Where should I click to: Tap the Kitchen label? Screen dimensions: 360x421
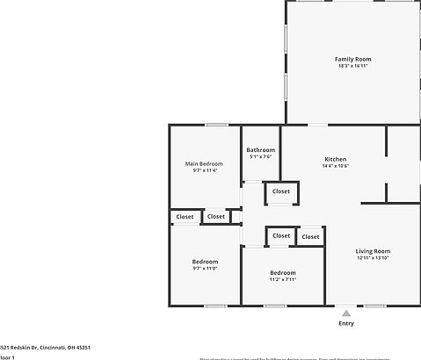tap(336, 159)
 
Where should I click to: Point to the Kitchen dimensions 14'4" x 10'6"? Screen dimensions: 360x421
tap(336, 166)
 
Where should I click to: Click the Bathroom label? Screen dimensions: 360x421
tap(260, 150)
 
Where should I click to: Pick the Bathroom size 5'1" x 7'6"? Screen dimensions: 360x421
tap(260, 157)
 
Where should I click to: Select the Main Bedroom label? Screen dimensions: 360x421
tap(204, 163)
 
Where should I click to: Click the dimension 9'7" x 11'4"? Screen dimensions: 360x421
tap(204, 170)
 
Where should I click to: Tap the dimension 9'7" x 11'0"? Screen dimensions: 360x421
tap(205, 269)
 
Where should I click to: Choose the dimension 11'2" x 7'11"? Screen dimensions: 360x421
tap(283, 279)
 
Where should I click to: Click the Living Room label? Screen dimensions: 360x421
tap(373, 251)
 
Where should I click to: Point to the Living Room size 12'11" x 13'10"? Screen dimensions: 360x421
tap(373, 258)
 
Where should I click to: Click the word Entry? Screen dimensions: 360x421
tap(346, 323)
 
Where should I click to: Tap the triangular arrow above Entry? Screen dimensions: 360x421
tap(346, 312)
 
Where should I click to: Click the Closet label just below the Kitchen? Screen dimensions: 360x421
tap(281, 191)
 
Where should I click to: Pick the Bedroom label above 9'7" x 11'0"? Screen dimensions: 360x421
tap(205, 262)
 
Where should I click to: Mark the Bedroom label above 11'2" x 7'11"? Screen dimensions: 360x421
tap(283, 272)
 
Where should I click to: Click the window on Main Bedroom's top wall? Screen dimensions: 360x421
tap(217, 125)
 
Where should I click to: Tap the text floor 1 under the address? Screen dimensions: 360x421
tap(8, 357)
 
